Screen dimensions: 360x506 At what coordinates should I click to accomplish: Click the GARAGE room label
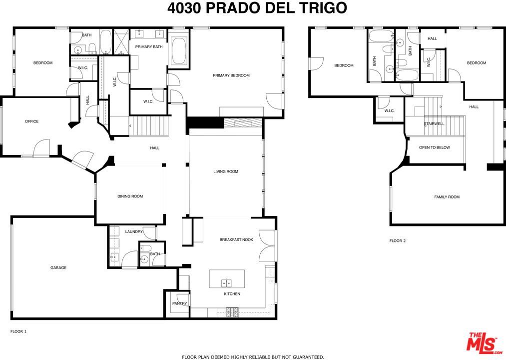[58, 267]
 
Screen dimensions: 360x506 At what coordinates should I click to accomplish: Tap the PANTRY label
[179, 303]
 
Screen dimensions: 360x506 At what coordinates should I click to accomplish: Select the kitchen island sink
[227, 282]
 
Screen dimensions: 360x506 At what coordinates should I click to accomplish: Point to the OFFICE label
[31, 121]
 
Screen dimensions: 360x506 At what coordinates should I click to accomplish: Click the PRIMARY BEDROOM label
[231, 75]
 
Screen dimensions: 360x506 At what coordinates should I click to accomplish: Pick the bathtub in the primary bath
[179, 51]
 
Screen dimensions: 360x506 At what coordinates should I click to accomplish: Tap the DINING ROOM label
[130, 196]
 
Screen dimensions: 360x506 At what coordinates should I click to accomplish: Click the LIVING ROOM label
[226, 171]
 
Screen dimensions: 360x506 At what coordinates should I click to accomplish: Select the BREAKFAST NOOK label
[236, 239]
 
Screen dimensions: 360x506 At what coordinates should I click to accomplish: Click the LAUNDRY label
[134, 231]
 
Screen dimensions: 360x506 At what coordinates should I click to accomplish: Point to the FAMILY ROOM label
[447, 197]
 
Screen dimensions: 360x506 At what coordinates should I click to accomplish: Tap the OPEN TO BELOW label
[434, 147]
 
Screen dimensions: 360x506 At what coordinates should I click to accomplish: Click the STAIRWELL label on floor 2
[434, 123]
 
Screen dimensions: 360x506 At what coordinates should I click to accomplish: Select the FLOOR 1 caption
[18, 331]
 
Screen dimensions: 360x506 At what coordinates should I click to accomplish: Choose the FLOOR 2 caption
[398, 240]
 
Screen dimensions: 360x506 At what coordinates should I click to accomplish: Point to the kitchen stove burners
[232, 312]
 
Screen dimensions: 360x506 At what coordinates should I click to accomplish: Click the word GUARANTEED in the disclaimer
[304, 357]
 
